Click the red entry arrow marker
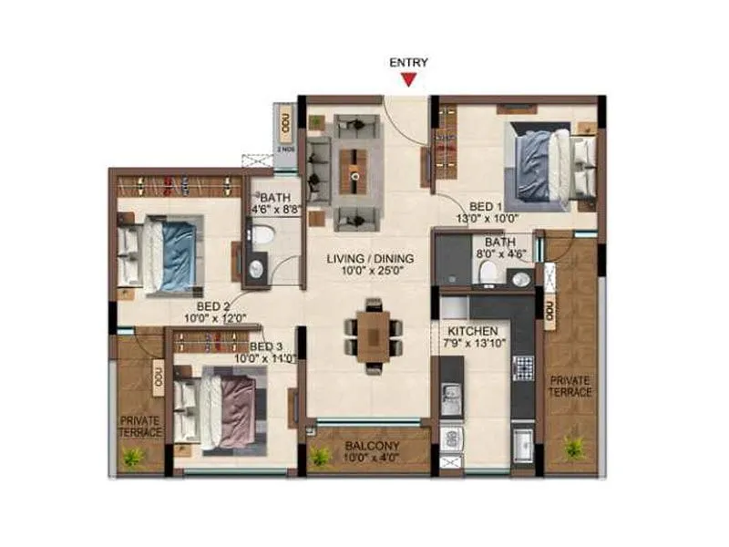click(x=409, y=80)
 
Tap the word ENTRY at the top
click(x=409, y=63)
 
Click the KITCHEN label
click(x=471, y=330)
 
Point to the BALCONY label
click(x=369, y=448)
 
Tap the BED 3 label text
click(x=266, y=347)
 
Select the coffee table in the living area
click(x=355, y=170)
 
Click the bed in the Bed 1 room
click(x=542, y=166)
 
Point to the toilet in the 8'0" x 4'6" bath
click(x=488, y=271)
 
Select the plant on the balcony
click(x=320, y=456)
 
